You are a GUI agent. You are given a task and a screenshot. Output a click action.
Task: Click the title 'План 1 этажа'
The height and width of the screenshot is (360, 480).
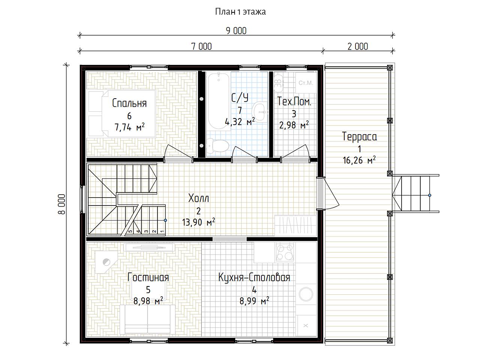tap(240, 12)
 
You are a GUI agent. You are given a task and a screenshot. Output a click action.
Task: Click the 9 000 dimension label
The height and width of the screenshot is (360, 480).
tap(236, 31)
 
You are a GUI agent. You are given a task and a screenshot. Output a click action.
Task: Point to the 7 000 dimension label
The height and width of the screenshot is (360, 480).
tap(201, 46)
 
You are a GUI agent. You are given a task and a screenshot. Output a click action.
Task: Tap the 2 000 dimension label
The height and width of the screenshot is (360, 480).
tap(358, 46)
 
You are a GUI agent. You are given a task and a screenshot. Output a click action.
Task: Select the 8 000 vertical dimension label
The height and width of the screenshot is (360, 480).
tap(62, 204)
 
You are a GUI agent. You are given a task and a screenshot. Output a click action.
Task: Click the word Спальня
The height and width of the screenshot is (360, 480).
tap(129, 103)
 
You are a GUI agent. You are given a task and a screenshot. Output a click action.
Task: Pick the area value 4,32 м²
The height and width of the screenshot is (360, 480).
tap(240, 121)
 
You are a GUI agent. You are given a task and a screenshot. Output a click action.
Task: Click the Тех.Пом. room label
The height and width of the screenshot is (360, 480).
tap(294, 102)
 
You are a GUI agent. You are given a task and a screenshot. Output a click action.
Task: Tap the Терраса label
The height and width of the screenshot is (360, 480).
tap(359, 136)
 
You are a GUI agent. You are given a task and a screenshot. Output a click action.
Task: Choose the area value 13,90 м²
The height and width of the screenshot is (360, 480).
tap(198, 222)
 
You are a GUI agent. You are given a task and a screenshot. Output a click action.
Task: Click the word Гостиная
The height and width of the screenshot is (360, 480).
tap(148, 277)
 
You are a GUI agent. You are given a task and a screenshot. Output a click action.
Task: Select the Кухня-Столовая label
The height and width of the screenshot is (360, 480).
tap(254, 277)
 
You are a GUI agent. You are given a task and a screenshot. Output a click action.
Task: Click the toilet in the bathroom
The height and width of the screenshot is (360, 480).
tap(217, 145)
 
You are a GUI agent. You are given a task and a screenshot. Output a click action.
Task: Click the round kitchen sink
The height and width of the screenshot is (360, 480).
tap(306, 294)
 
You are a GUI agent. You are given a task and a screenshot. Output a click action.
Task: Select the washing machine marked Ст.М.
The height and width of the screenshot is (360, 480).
tap(306, 82)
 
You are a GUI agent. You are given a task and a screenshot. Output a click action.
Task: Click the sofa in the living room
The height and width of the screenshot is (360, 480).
tap(148, 319)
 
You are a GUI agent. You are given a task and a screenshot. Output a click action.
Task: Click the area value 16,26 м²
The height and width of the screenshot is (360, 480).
tap(359, 160)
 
